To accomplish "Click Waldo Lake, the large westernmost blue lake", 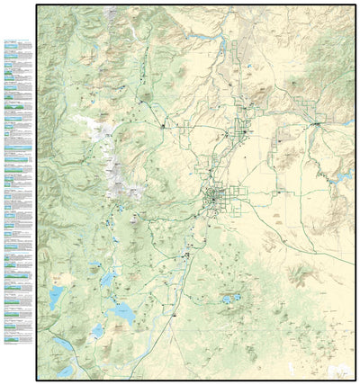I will point(56,297).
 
